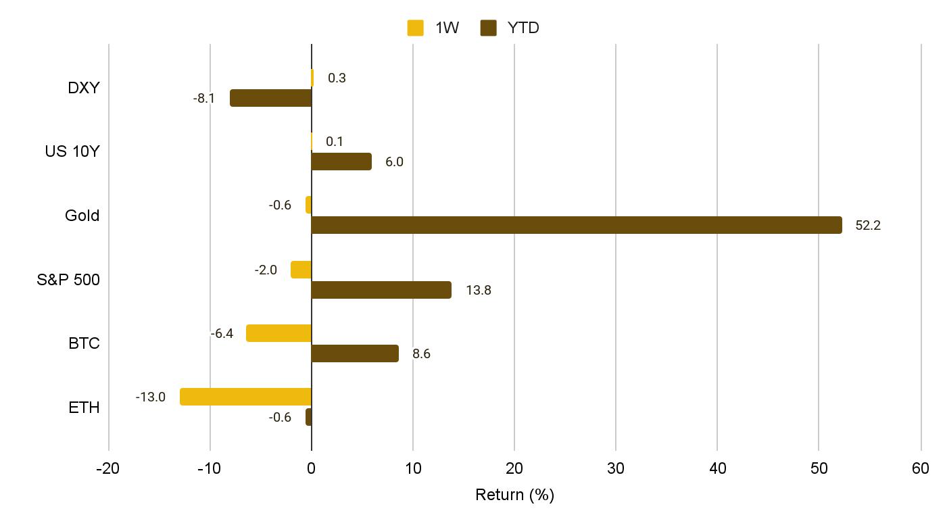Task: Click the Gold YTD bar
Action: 577,225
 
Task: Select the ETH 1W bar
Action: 245,397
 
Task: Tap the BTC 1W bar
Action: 278,333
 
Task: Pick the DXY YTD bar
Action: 270,98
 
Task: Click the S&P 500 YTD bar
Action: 381,290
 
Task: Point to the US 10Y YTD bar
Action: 341,162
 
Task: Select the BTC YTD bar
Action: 355,353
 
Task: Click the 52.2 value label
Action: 868,226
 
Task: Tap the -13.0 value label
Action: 150,397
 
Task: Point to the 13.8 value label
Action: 479,291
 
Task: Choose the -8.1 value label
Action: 203,99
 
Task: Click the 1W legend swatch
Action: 415,28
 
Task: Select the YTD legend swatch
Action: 488,28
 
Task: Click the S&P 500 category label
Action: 68,280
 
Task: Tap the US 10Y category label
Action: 72,151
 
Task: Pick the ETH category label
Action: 84,408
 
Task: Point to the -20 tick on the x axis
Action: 108,468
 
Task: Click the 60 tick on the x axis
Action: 921,468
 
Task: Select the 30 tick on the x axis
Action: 616,468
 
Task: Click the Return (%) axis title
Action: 514,495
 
